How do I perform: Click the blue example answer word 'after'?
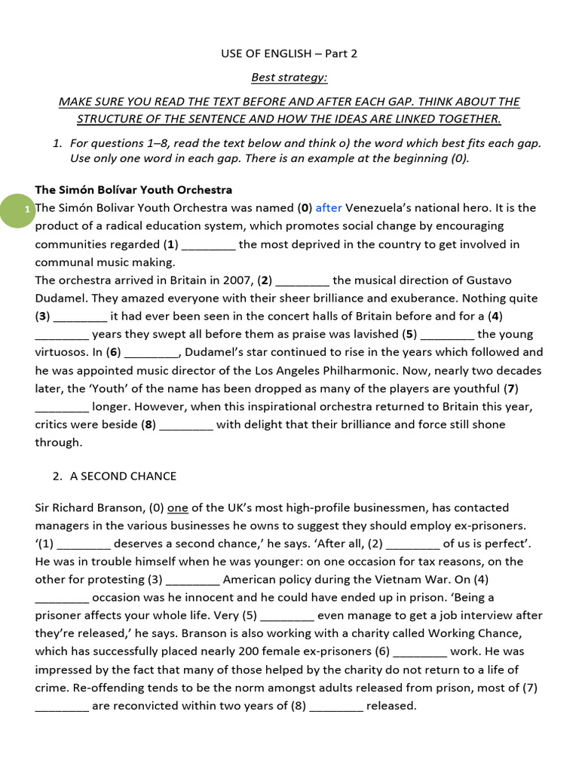pyautogui.click(x=329, y=207)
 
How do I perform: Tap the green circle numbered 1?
pyautogui.click(x=26, y=209)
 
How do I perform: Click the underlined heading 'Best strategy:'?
pyautogui.click(x=289, y=77)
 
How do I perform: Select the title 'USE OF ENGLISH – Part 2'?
pyautogui.click(x=289, y=54)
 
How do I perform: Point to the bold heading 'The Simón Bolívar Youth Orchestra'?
pyautogui.click(x=133, y=189)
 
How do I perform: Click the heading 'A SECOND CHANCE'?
pyautogui.click(x=123, y=476)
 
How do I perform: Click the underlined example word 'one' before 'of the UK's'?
pyautogui.click(x=177, y=507)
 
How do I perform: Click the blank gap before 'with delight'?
pyautogui.click(x=186, y=425)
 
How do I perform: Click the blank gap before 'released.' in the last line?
pyautogui.click(x=336, y=707)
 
